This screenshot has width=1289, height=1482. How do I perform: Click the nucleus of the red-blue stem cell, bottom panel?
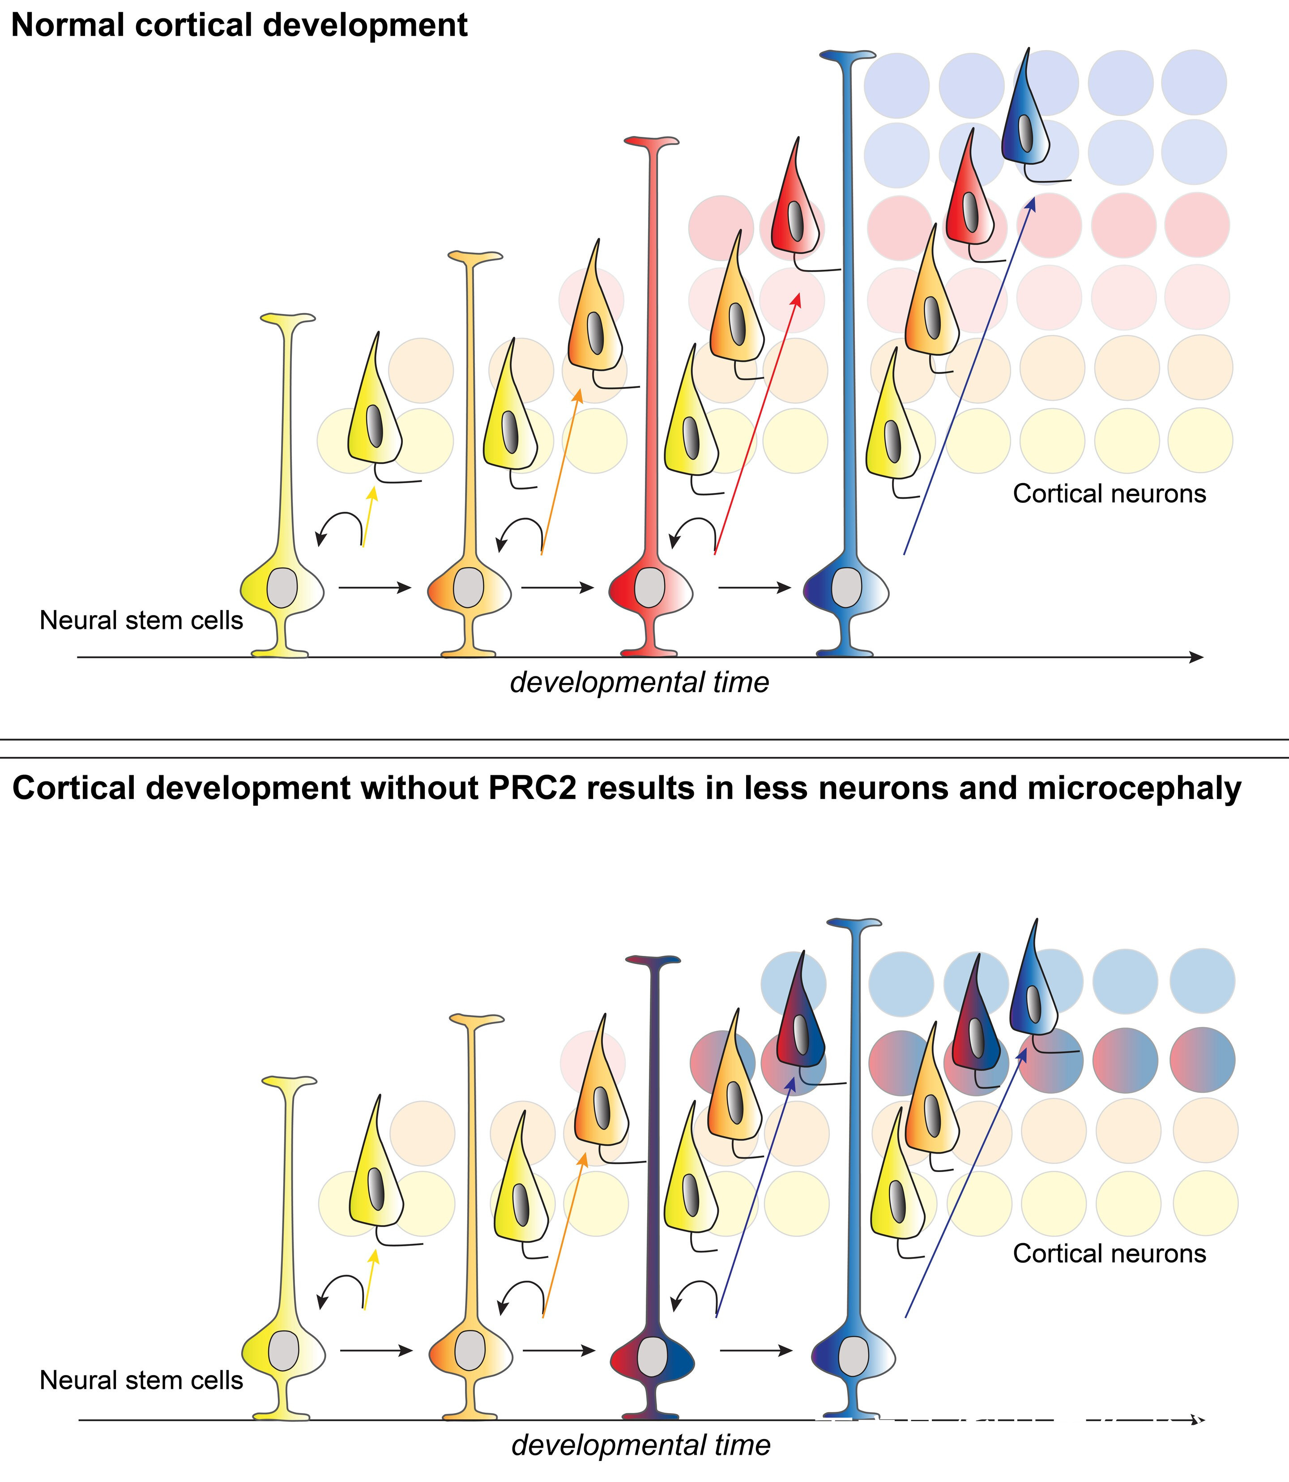[x=652, y=1355]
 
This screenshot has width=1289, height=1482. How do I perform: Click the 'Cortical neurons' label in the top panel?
[x=1109, y=493]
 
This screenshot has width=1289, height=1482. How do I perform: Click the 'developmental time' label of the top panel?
[x=640, y=682]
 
